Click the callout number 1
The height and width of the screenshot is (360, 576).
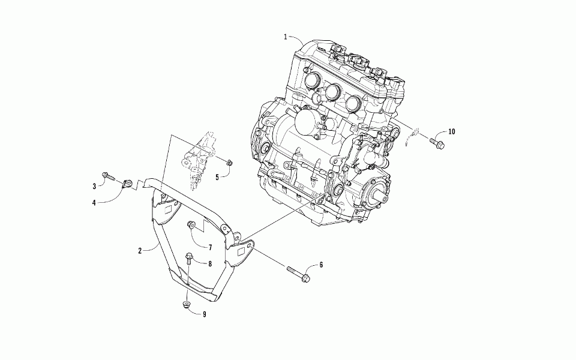click(286, 37)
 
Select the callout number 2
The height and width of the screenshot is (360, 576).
click(140, 251)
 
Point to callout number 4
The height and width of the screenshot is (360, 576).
click(94, 203)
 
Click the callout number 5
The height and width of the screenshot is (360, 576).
click(217, 177)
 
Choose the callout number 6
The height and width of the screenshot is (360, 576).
click(321, 265)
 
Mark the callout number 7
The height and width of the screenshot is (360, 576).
click(211, 247)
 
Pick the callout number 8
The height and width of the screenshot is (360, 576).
click(211, 263)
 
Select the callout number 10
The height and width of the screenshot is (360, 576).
click(451, 131)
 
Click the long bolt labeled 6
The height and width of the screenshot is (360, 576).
click(298, 274)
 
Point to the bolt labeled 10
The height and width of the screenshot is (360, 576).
click(436, 143)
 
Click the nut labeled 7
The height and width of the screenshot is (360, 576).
click(191, 226)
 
